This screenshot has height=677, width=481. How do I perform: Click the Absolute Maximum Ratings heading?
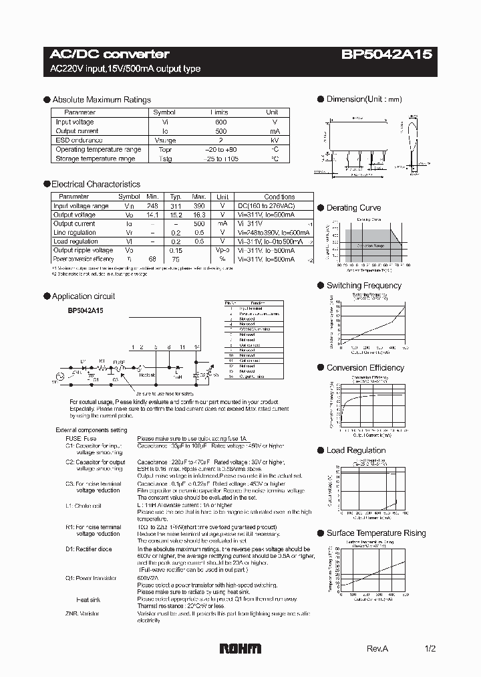click(x=102, y=100)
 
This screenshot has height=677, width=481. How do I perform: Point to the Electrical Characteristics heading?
click(x=96, y=184)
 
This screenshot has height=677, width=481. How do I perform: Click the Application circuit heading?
click(x=84, y=296)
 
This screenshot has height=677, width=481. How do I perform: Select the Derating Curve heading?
click(x=353, y=208)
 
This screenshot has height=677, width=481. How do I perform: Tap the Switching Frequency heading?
click(x=363, y=286)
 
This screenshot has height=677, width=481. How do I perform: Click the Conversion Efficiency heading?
click(x=365, y=368)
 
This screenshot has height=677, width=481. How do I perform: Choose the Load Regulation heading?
click(x=356, y=450)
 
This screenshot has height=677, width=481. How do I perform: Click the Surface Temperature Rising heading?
click(x=375, y=533)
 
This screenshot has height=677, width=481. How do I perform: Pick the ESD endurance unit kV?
click(x=273, y=140)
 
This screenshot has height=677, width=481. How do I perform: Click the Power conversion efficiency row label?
click(x=84, y=259)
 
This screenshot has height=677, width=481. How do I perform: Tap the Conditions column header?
click(x=279, y=197)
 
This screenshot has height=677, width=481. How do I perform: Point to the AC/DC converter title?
click(x=110, y=54)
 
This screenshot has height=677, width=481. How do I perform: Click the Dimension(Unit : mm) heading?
click(x=364, y=100)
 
